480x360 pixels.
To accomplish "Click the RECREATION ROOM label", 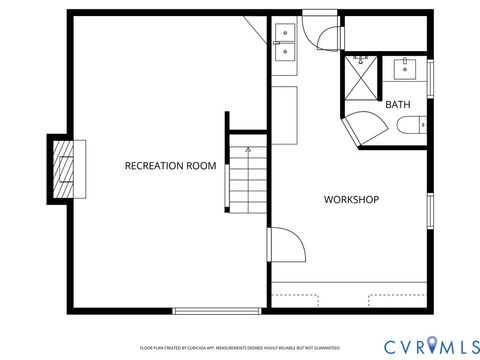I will click(x=170, y=165).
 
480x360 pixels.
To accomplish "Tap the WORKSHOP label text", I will click(x=351, y=200).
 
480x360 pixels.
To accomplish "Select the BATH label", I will click(x=397, y=104).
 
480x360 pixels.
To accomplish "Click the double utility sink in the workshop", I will click(x=285, y=43).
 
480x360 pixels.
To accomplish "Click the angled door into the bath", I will click(x=362, y=128).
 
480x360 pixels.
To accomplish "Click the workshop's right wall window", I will click(x=430, y=212).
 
